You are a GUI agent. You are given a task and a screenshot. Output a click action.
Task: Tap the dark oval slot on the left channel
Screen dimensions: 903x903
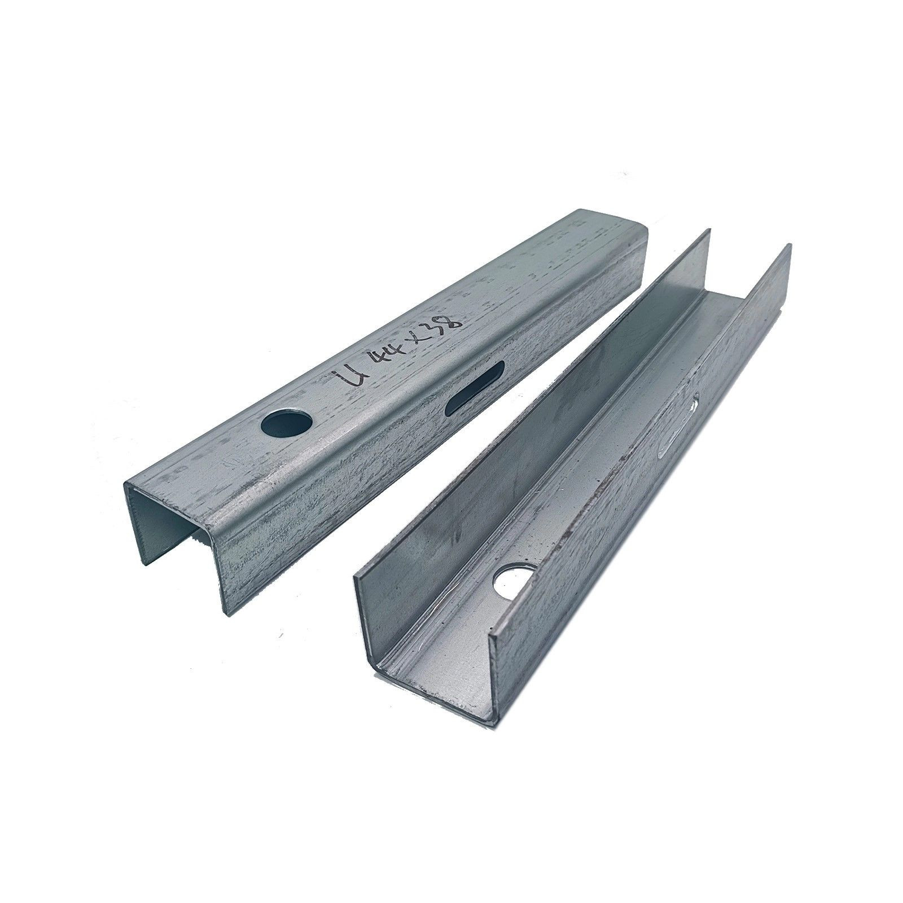(475, 389)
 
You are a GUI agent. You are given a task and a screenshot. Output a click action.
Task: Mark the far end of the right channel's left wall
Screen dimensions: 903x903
(707, 233)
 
